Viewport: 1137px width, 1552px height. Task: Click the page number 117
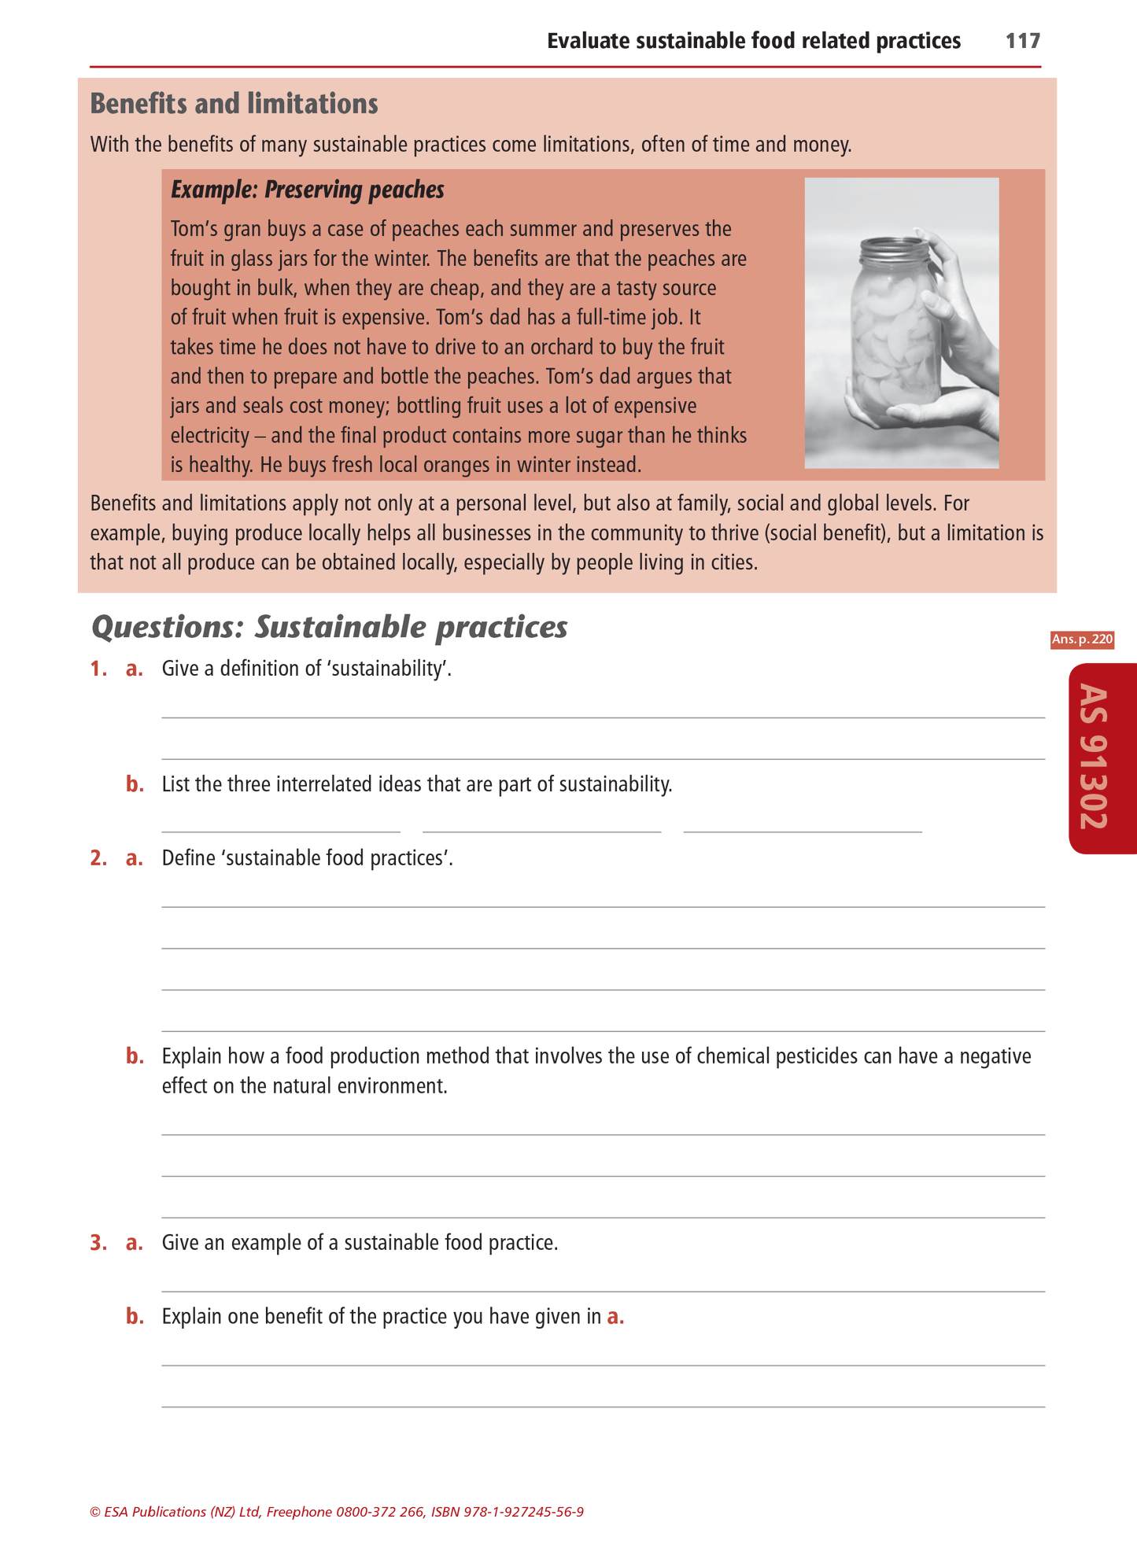[1023, 41]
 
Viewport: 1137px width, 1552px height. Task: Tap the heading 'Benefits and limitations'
[234, 104]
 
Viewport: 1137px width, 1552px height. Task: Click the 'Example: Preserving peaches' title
[307, 190]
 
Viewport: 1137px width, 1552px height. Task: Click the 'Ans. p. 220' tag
[1082, 640]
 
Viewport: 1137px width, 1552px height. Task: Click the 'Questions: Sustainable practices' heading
[329, 627]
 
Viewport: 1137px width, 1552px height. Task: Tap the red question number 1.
[98, 669]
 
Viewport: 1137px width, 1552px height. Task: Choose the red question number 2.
[98, 857]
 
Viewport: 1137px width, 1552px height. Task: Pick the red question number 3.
[98, 1243]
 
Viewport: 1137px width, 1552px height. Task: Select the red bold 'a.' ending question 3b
[615, 1317]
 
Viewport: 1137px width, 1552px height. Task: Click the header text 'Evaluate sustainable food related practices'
[753, 41]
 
